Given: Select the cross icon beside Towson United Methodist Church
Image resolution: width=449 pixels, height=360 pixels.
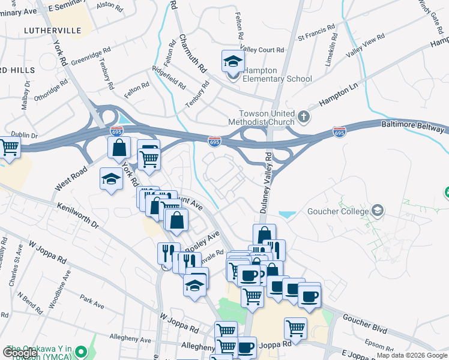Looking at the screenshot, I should [x=304, y=115].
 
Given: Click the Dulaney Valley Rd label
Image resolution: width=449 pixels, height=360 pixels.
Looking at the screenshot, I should [x=268, y=187].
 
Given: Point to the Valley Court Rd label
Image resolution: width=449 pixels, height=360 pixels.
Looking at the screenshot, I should [x=262, y=50].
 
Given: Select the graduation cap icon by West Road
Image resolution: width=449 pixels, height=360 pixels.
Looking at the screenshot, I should [x=111, y=179].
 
